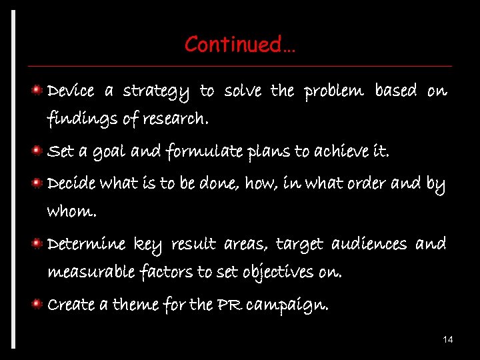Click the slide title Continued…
[241, 45]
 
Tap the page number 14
[448, 340]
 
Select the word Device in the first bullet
[71, 90]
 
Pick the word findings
[73, 121]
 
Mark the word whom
[71, 213]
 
